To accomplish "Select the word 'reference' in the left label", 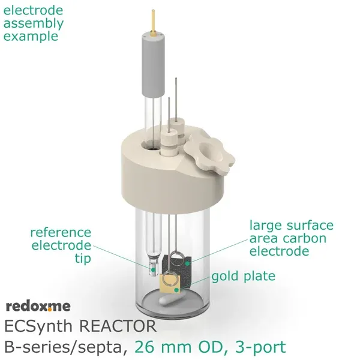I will (x=61, y=232).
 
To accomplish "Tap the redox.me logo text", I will (x=38, y=307).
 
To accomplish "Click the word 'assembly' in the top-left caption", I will (x=33, y=24).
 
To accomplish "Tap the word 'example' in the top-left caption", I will (x=31, y=37).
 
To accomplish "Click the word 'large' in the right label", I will (x=267, y=226).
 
